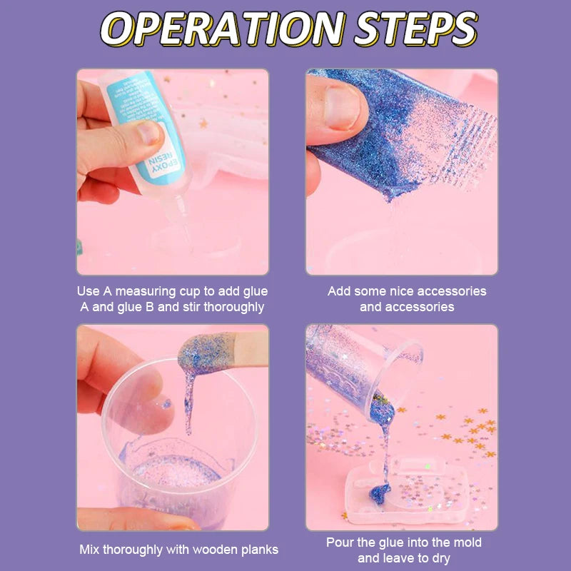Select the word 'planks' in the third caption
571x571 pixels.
tap(256, 550)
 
